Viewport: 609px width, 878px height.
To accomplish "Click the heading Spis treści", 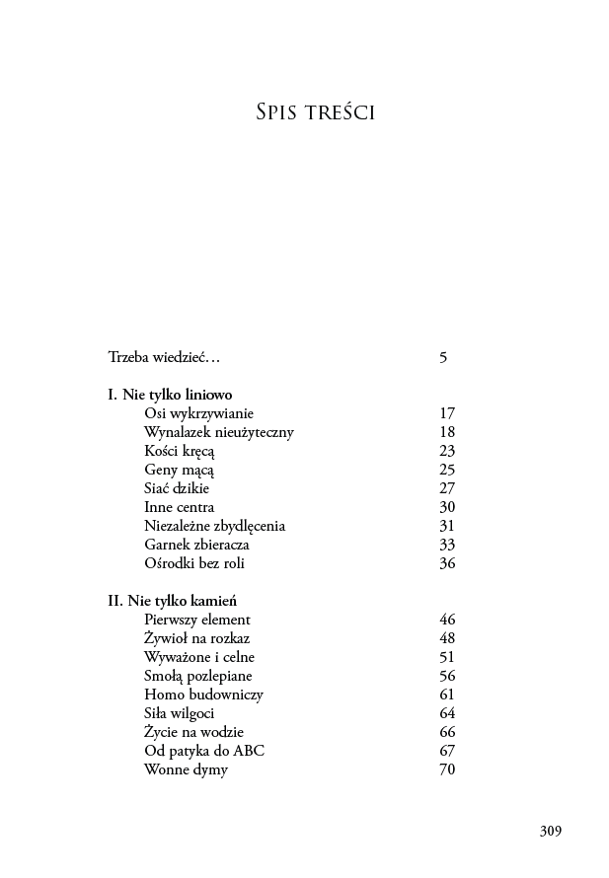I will point(314,113).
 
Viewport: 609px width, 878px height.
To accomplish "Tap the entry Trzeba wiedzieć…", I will point(164,357).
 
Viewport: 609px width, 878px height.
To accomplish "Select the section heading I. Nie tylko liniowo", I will point(170,395).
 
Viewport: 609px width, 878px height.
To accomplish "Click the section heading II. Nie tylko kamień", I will point(172,601).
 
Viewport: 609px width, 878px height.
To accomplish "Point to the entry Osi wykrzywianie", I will point(198,413).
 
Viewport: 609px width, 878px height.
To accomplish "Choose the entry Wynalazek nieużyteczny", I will point(218,432).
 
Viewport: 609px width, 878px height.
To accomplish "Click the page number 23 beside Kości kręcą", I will point(447,451).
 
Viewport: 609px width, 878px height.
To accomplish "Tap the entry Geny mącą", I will point(179,470).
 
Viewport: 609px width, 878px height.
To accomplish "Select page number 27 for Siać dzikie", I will point(447,488).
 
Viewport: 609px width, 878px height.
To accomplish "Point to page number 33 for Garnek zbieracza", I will point(447,545).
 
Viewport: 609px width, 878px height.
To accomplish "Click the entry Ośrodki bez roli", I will point(193,563).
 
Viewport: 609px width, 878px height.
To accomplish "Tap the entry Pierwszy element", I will point(197,620).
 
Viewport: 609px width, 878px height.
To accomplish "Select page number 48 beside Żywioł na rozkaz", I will point(447,638).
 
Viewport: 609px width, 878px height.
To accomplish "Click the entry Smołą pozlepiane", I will point(197,676).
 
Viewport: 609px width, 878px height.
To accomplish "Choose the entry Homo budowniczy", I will point(203,695).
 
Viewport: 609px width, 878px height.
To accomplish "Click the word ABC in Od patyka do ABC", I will point(249,751).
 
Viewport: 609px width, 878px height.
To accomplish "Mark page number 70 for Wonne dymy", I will point(447,769).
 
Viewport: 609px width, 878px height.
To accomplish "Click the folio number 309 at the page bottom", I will point(550,831).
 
